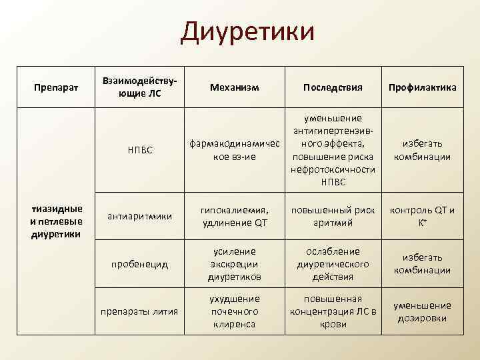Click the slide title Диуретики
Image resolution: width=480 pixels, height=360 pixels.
pos(247,32)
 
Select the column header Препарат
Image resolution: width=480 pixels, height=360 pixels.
pos(57,87)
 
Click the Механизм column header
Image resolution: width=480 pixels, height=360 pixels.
pos(234,87)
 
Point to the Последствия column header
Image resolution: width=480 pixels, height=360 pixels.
pos(333,87)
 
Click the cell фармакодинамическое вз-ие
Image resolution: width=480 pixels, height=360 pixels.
pos(234,150)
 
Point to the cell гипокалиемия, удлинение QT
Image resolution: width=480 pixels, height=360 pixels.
pos(234,215)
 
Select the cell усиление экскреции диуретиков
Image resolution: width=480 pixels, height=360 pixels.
pos(234,264)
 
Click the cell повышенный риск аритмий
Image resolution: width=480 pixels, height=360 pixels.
pos(333,215)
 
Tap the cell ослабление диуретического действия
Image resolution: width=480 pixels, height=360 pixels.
pos(333,264)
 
